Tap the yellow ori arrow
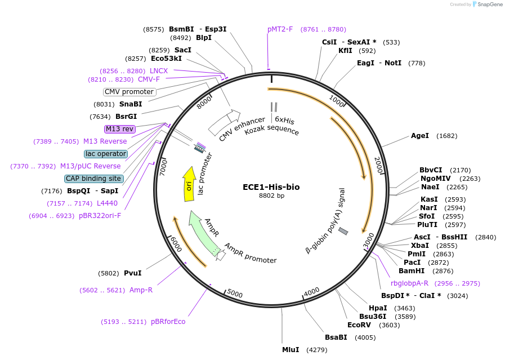189,184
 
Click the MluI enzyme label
291,350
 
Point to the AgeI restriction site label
420,136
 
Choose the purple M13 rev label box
120,129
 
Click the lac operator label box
106,154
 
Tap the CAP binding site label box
93,179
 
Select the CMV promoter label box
129,92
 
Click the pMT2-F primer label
280,29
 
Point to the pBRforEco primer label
168,322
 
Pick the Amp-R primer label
141,290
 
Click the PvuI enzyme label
133,273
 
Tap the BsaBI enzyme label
336,337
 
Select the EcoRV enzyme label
359,325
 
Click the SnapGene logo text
488,5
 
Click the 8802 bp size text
272,196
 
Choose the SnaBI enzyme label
131,104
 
